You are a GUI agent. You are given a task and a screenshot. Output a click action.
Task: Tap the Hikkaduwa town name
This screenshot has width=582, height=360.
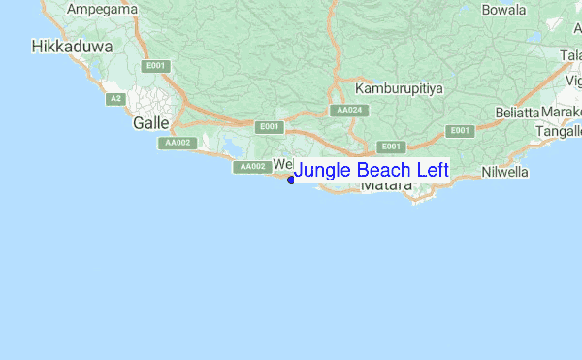[73, 46]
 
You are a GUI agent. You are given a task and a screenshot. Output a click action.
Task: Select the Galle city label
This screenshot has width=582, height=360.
[151, 123]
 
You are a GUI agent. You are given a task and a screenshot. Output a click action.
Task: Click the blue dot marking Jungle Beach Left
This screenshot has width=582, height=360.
[291, 179]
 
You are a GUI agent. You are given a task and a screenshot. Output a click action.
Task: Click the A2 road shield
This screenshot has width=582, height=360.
[115, 99]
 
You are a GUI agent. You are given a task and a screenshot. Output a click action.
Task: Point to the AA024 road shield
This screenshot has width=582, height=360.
[349, 111]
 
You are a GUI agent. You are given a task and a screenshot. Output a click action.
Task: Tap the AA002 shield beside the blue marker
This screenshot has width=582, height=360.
[252, 167]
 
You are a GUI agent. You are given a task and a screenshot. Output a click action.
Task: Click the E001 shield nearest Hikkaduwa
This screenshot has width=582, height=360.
[153, 66]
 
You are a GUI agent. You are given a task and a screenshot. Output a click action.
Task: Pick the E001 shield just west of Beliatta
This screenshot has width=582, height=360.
[460, 131]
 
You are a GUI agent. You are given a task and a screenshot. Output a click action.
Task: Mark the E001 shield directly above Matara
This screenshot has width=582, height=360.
[391, 147]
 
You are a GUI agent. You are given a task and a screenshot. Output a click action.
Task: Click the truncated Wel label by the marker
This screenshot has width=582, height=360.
[282, 163]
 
